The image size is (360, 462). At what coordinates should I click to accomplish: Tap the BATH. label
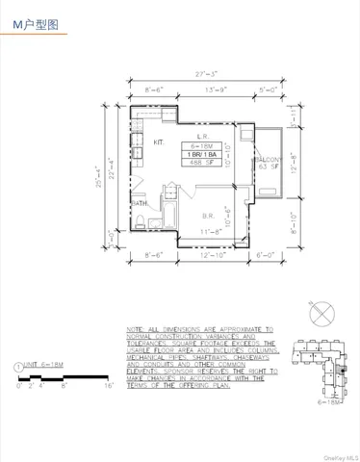(x=140, y=204)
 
